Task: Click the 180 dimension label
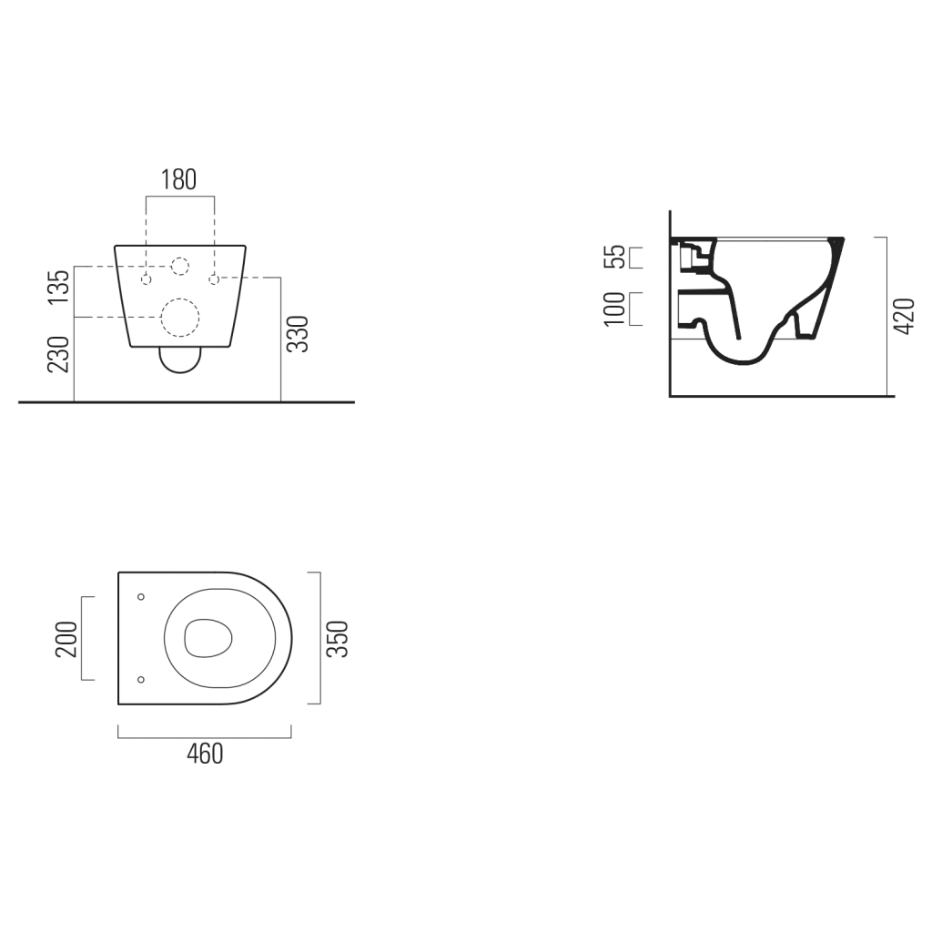pyautogui.click(x=179, y=179)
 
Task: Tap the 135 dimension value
pyautogui.click(x=59, y=287)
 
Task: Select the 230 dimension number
pyautogui.click(x=59, y=355)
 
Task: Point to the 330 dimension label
pyautogui.click(x=298, y=334)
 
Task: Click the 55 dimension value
pyautogui.click(x=614, y=257)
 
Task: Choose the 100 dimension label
pyautogui.click(x=614, y=309)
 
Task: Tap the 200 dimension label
pyautogui.click(x=66, y=639)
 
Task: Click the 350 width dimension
pyautogui.click(x=338, y=639)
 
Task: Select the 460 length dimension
pyautogui.click(x=205, y=754)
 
